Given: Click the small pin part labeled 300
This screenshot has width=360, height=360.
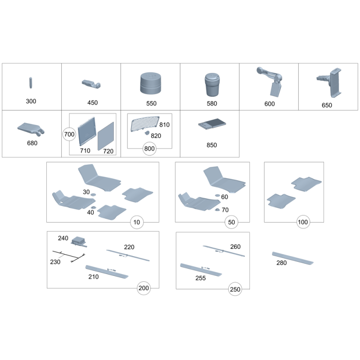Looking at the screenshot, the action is click(x=31, y=83).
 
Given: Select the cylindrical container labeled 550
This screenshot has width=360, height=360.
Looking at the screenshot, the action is click(x=150, y=83).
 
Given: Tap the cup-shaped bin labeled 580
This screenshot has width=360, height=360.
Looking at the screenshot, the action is click(x=212, y=85).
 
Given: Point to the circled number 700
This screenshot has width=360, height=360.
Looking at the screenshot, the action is click(x=69, y=134).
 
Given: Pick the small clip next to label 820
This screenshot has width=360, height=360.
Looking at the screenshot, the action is click(x=147, y=133).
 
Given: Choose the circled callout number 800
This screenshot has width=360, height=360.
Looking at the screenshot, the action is click(x=149, y=148).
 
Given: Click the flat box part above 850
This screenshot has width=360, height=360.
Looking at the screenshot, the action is click(x=212, y=124).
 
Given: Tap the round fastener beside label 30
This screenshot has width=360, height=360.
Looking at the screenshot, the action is click(x=93, y=194).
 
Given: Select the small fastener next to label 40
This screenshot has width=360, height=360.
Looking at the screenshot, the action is click(x=94, y=207).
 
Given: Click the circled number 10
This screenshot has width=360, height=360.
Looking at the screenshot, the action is click(x=137, y=222).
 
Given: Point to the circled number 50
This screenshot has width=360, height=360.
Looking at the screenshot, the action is click(x=231, y=222).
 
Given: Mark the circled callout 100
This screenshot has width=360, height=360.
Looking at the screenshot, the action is click(x=302, y=222).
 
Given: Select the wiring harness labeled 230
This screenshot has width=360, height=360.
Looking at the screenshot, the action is click(x=69, y=256).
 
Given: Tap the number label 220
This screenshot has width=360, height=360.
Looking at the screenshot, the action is click(x=129, y=247).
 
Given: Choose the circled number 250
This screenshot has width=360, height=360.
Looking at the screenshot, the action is click(x=235, y=289).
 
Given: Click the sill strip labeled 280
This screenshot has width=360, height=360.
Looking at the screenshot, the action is click(x=293, y=258).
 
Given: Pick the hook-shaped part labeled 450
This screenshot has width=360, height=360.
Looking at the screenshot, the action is click(x=91, y=84).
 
